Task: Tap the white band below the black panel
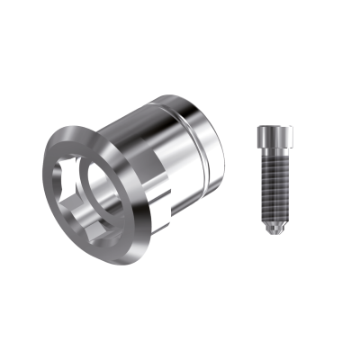(180, 324)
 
